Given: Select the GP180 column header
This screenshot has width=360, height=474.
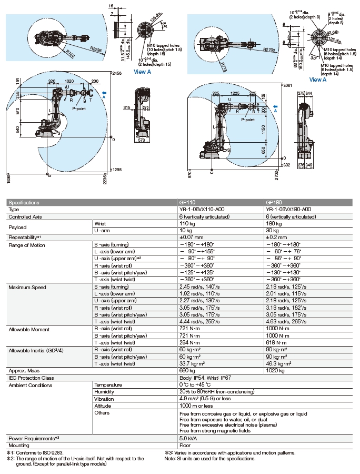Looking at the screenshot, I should (273, 202).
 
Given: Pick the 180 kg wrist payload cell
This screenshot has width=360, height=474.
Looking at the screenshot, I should (273, 223).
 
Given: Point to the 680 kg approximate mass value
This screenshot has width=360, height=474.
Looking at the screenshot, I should (187, 371).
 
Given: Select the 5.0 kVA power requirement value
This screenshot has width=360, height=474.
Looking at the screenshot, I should (188, 438).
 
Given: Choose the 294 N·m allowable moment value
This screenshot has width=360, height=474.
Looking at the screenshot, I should (189, 343).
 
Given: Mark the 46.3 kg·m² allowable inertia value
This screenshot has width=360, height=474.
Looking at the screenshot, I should (278, 363).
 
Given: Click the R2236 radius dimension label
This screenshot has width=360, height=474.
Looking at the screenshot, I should (95, 49).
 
